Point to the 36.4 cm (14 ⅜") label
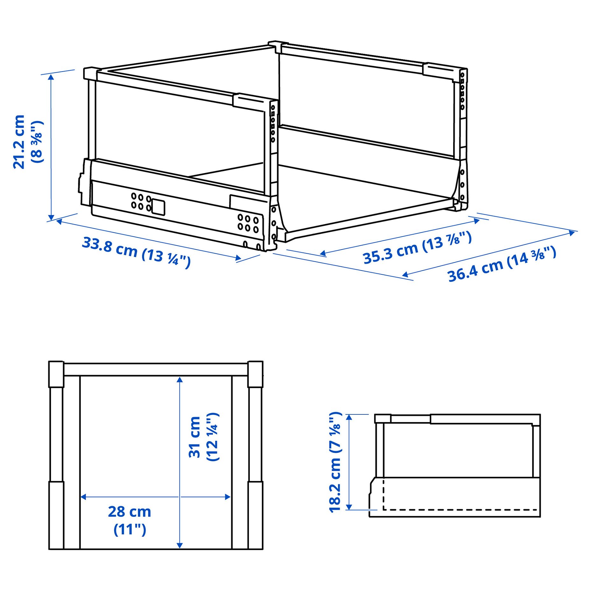point(501,264)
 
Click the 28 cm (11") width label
point(129,520)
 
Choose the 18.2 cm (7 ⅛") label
point(335,462)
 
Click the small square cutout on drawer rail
point(158,207)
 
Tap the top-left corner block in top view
point(56,374)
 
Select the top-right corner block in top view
point(255,374)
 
